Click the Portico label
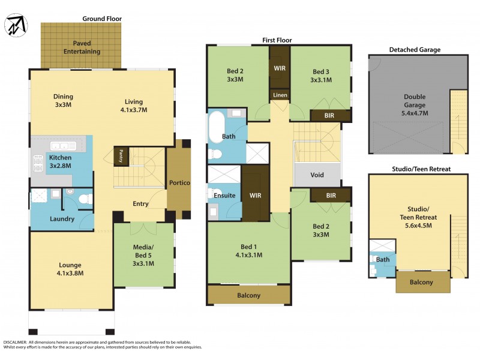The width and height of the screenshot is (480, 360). click(179, 182)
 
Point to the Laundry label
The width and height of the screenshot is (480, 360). click(62, 219)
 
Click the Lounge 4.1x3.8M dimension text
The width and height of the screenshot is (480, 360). click(70, 273)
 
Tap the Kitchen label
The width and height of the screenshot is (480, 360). click(60, 157)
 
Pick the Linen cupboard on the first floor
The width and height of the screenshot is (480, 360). click(280, 95)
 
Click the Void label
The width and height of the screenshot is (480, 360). click(317, 175)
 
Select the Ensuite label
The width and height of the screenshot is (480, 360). click(224, 196)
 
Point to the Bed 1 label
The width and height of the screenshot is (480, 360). click(248, 247)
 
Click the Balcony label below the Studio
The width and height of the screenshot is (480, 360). click(422, 282)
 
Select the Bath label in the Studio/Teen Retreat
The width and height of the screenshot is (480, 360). click(382, 259)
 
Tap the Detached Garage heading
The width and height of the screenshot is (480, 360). click(415, 49)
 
